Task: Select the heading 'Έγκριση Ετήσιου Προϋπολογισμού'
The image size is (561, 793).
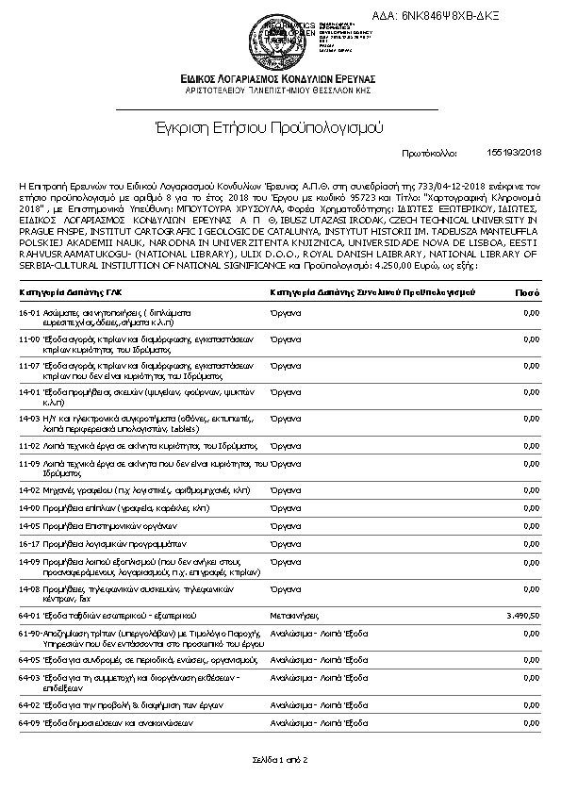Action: coord(280,126)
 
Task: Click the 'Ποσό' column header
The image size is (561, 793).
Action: coord(526,292)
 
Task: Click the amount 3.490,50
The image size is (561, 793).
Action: coord(522,614)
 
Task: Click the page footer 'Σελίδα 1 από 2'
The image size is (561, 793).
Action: coord(280,759)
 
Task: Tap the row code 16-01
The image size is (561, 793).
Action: coord(28,311)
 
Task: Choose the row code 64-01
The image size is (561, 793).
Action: coord(28,614)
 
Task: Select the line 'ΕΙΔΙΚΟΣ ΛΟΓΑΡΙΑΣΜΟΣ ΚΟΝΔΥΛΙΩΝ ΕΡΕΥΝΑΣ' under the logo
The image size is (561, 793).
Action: coord(279,78)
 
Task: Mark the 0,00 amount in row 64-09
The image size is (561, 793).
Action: coord(530,722)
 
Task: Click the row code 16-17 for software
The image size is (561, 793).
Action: coord(28,543)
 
